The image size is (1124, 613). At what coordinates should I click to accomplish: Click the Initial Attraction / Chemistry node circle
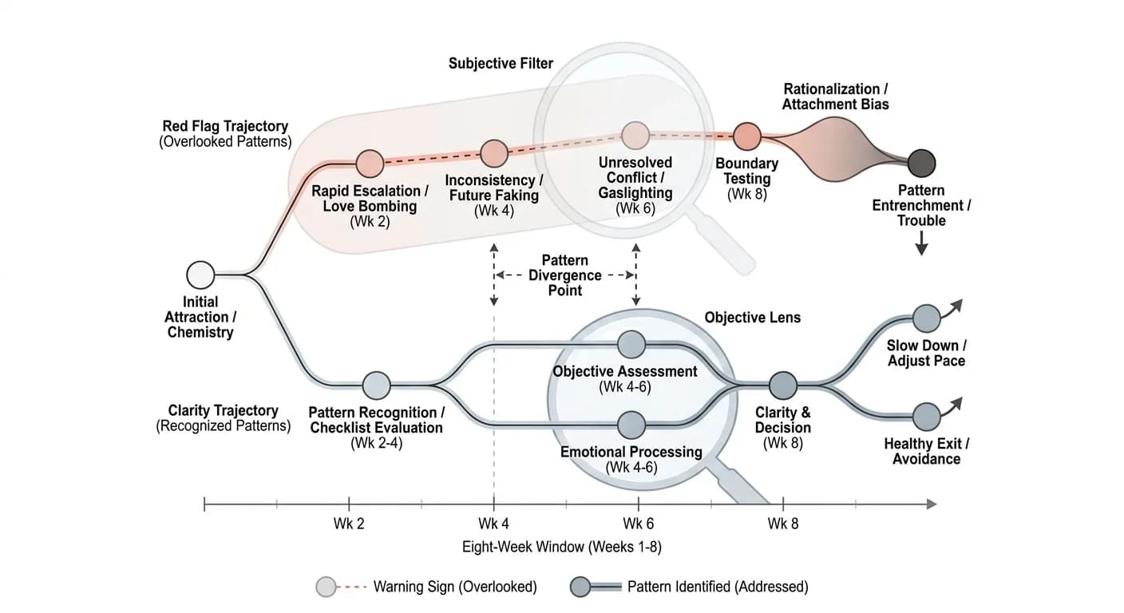(x=200, y=275)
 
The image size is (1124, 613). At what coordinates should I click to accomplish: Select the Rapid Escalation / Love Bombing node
(x=370, y=164)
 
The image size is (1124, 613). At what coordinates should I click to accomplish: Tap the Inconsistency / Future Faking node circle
(x=494, y=153)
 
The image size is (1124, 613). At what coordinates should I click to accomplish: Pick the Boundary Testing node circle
(x=747, y=136)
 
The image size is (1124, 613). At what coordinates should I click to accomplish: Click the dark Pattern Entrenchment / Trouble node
(x=922, y=163)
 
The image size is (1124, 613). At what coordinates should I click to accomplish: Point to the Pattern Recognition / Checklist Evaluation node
(x=376, y=386)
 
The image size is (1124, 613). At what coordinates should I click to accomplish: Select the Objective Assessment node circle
(x=631, y=345)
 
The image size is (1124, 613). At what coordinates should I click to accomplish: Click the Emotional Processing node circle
(x=631, y=425)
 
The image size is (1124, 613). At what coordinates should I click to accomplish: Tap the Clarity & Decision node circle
(x=783, y=386)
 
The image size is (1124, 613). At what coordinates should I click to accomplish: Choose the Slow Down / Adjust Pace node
(x=926, y=318)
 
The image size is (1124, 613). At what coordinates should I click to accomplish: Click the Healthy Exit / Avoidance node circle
(x=926, y=417)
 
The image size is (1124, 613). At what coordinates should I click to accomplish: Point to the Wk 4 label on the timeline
(x=494, y=524)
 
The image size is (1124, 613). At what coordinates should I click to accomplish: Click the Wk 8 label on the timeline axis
(x=783, y=524)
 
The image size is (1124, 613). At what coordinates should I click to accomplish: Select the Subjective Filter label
(x=501, y=64)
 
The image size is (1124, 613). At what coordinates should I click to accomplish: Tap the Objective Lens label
(x=753, y=318)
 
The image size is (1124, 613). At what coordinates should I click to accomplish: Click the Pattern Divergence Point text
(x=565, y=275)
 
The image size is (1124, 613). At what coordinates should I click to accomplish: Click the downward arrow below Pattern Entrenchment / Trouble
(x=921, y=243)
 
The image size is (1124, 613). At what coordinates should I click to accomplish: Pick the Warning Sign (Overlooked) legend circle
(x=327, y=587)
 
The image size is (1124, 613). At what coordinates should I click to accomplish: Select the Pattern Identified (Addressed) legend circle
(x=580, y=587)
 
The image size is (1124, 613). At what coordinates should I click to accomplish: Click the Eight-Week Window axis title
(x=562, y=547)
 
